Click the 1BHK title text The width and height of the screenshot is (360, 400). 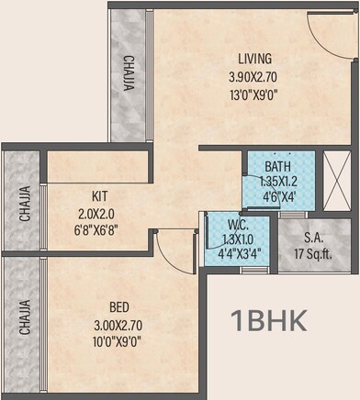click(x=270, y=322)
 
